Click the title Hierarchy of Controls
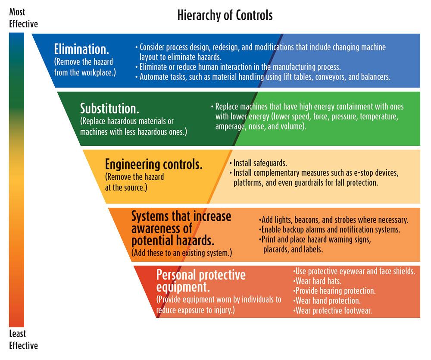[x=225, y=16]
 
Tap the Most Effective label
[x=23, y=18]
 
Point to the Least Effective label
[x=23, y=339]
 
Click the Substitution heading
[x=109, y=108]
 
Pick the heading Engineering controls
[x=154, y=165]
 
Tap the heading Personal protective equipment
[x=201, y=281]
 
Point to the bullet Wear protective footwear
[x=332, y=310]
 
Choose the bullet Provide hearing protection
[x=334, y=291]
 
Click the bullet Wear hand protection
[x=327, y=301]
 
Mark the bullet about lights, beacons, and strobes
[x=334, y=220]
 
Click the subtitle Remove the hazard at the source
[x=134, y=182]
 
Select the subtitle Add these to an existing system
[x=182, y=253]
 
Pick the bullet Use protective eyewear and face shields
[x=354, y=271]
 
